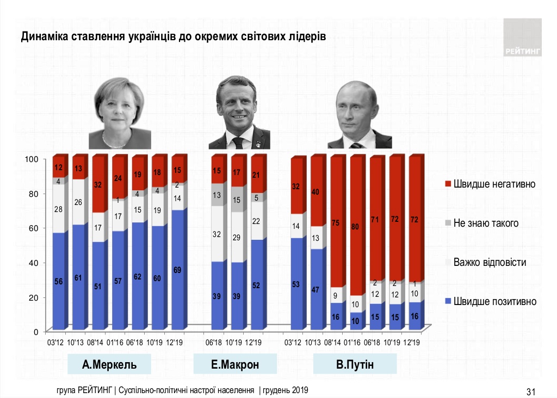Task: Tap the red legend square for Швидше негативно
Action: pyautogui.click(x=447, y=184)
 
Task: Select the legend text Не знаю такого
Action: pyautogui.click(x=486, y=223)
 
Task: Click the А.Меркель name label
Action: pyautogui.click(x=109, y=364)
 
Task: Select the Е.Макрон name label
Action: pyautogui.click(x=235, y=364)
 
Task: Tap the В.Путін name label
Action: pyautogui.click(x=355, y=364)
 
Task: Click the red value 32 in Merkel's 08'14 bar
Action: pyautogui.click(x=98, y=185)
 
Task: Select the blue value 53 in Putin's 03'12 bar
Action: pyautogui.click(x=296, y=283)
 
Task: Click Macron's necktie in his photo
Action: pyautogui.click(x=238, y=143)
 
